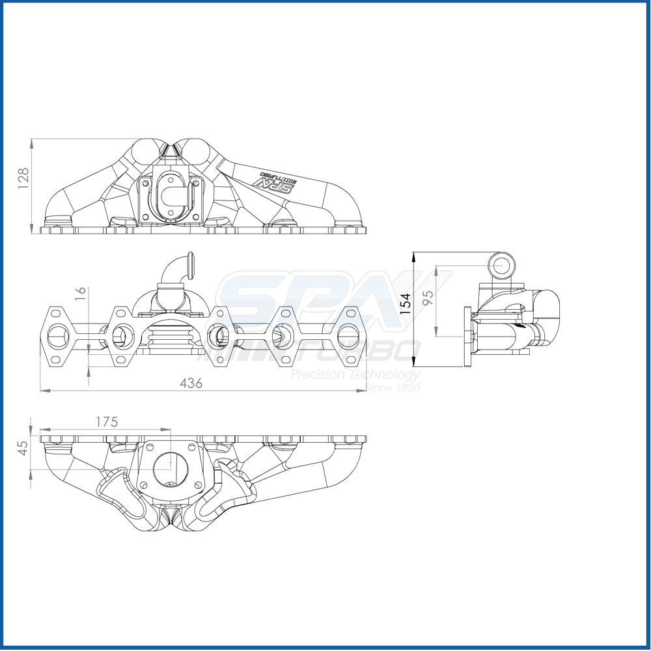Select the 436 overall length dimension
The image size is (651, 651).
[x=191, y=383]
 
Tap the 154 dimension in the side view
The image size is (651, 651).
[x=406, y=304]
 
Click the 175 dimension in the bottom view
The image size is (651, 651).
[x=107, y=421]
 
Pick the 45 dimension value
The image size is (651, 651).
[x=23, y=448]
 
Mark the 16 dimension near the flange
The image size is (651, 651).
[x=80, y=294]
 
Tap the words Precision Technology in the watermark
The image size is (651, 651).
[x=355, y=374]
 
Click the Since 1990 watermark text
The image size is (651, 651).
[x=393, y=387]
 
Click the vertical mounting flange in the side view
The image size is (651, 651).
[x=467, y=336]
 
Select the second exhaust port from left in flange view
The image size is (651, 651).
[x=120, y=336]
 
